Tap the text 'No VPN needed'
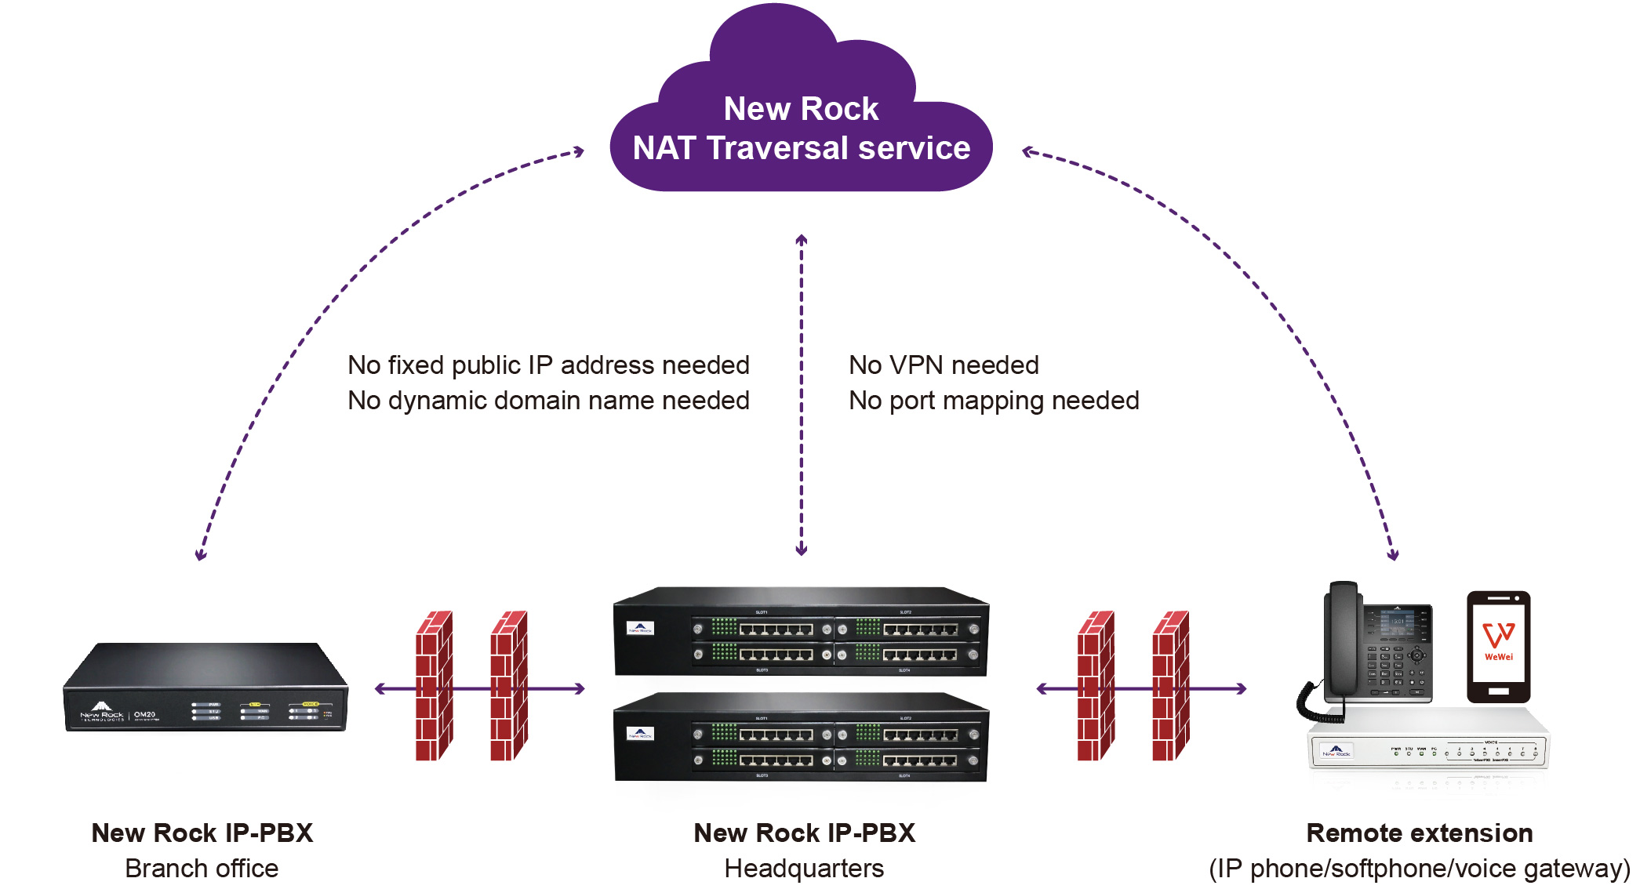(944, 365)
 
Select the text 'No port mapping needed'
(994, 401)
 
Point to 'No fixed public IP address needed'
(548, 365)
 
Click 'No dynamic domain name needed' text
(548, 401)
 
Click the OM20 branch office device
(205, 688)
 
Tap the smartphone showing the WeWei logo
(1498, 646)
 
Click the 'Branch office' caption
(202, 869)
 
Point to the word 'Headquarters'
(804, 869)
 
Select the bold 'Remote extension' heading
(1419, 833)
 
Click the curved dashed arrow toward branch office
(314, 329)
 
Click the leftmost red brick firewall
(434, 686)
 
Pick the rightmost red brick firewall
(1171, 686)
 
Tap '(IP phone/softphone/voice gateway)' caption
(1419, 869)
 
